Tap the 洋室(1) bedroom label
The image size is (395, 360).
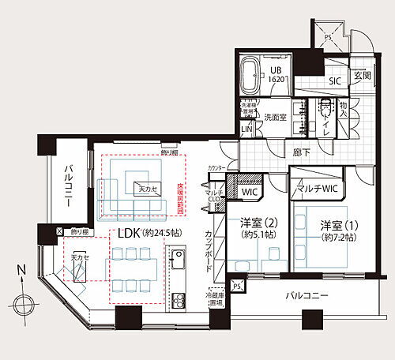click(338, 231)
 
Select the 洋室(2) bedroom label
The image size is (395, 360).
click(259, 228)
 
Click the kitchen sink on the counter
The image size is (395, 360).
click(178, 259)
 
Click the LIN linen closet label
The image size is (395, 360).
click(246, 129)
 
